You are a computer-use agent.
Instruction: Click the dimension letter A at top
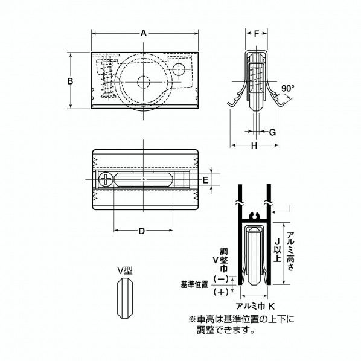point(144,34)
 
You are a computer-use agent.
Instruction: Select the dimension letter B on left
point(70,81)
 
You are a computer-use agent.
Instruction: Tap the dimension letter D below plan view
point(141,231)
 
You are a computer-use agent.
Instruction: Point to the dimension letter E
point(206,180)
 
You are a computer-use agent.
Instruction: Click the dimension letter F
point(256,34)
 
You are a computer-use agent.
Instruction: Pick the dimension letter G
point(272,131)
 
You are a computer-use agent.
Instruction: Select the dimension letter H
point(254,146)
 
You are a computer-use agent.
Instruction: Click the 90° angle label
point(287,88)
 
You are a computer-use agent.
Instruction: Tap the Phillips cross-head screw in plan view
point(106,180)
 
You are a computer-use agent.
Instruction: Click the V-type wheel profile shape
point(124,299)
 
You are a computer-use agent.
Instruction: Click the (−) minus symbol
point(221,280)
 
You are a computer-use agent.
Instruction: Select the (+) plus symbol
point(221,292)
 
